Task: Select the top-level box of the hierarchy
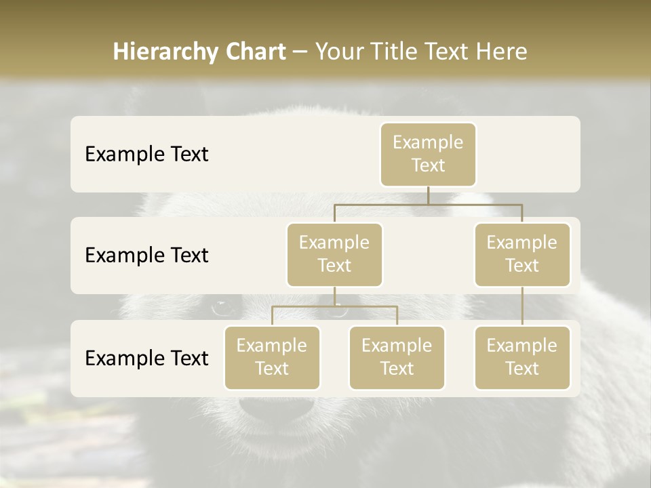(428, 154)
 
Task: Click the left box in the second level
(334, 254)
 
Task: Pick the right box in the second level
(522, 254)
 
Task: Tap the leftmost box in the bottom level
(272, 357)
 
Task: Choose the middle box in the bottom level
(397, 357)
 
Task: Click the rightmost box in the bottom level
(522, 357)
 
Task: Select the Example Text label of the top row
(146, 154)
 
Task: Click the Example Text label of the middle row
(146, 255)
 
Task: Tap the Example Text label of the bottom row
(146, 358)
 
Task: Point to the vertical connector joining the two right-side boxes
(522, 306)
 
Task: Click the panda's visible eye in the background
(222, 308)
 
